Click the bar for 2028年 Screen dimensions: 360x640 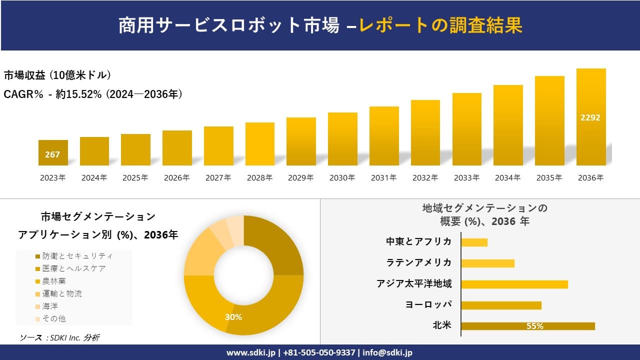(x=260, y=144)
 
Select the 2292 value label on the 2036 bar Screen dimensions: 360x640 (x=590, y=118)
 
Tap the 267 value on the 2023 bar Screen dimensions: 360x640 (x=52, y=154)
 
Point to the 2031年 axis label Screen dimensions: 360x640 (x=383, y=177)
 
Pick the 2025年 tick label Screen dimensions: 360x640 (x=135, y=177)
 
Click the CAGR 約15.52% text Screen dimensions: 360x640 (x=93, y=94)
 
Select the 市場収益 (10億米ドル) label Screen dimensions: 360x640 (x=57, y=75)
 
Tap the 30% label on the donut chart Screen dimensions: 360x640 (x=233, y=317)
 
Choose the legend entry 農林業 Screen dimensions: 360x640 (x=54, y=281)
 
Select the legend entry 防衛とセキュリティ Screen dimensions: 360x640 (x=77, y=256)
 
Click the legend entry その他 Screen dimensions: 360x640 (x=54, y=318)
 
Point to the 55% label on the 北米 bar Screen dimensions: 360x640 (x=534, y=326)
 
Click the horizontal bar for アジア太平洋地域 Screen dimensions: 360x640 (x=514, y=284)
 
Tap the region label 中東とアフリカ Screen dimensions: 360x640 (x=418, y=242)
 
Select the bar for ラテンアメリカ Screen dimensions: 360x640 (x=487, y=263)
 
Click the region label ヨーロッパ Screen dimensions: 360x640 (x=428, y=305)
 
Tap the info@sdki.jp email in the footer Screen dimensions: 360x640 (x=387, y=352)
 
